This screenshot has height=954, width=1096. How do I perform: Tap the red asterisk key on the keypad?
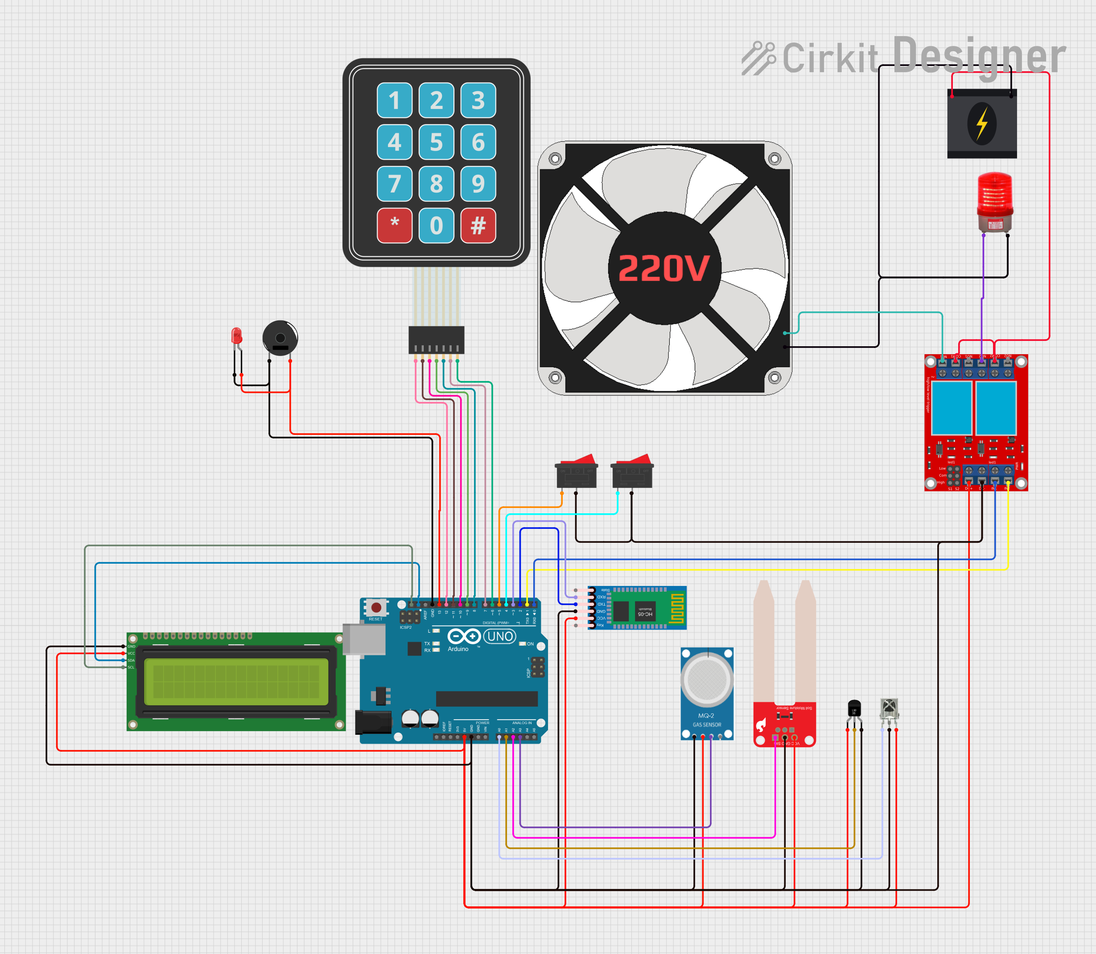(394, 225)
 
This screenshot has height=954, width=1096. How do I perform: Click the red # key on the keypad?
(478, 225)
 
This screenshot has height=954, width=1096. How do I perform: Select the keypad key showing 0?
(437, 225)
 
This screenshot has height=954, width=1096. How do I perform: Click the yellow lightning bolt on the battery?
(982, 123)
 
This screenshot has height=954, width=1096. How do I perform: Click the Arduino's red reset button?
(376, 607)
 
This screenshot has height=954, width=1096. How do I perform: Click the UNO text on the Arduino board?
(500, 636)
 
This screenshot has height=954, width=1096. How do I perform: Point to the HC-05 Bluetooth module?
(637, 608)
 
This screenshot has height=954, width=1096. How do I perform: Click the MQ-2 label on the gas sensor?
(706, 716)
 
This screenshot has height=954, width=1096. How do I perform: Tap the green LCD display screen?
(236, 681)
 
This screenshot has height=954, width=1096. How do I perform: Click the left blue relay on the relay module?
(952, 407)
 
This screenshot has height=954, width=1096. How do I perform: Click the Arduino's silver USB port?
(364, 639)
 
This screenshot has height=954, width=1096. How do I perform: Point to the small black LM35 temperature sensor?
(854, 709)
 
